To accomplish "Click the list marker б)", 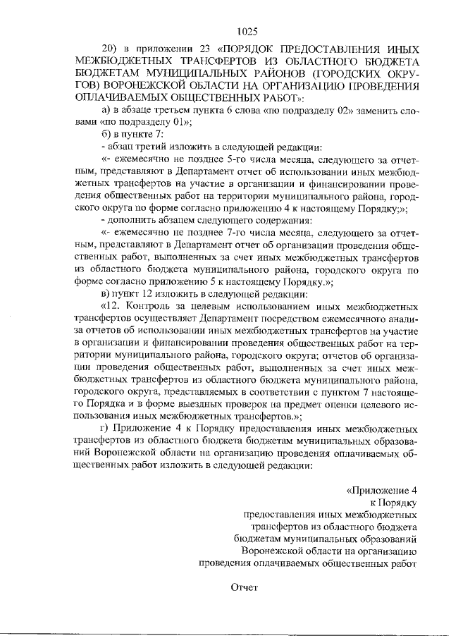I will coord(107,135).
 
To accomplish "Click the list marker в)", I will coord(107,293).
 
